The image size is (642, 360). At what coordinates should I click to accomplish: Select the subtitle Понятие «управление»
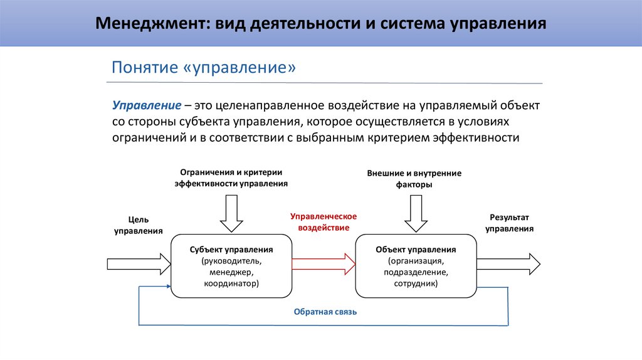pyautogui.click(x=203, y=67)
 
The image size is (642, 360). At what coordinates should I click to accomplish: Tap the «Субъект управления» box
pyautogui.click(x=231, y=265)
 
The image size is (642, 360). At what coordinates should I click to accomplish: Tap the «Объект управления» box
pyautogui.click(x=416, y=265)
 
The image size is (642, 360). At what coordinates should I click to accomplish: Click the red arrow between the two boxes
pyautogui.click(x=324, y=263)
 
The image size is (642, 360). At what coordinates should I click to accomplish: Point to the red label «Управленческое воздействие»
pyautogui.click(x=324, y=222)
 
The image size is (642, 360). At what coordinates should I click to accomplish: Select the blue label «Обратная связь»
pyautogui.click(x=325, y=312)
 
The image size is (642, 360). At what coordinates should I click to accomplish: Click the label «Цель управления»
pyautogui.click(x=138, y=225)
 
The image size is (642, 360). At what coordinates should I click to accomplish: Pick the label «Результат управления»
pyautogui.click(x=509, y=223)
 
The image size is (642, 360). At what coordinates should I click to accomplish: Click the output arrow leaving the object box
pyautogui.click(x=508, y=263)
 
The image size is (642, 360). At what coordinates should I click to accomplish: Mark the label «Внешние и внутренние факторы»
pyautogui.click(x=414, y=179)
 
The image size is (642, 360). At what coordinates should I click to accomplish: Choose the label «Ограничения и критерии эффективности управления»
pyautogui.click(x=231, y=178)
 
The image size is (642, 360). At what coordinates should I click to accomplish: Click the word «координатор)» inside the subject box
pyautogui.click(x=231, y=283)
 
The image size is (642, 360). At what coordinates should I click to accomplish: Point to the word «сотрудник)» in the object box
pyautogui.click(x=416, y=283)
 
